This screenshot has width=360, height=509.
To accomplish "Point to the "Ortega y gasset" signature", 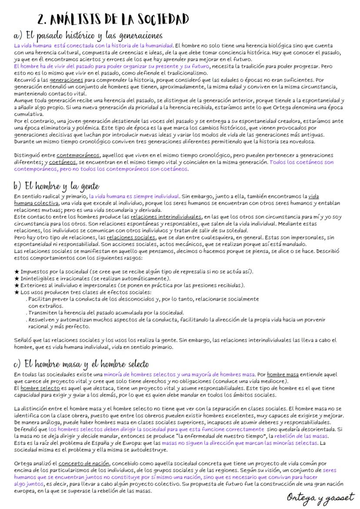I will [321, 497].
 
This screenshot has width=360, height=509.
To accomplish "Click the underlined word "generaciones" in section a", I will [65, 80].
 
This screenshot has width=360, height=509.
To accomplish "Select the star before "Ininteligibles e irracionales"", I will [17, 279].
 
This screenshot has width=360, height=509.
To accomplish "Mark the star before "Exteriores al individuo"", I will [17, 285].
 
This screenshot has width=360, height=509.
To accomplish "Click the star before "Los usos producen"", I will [17, 292].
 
